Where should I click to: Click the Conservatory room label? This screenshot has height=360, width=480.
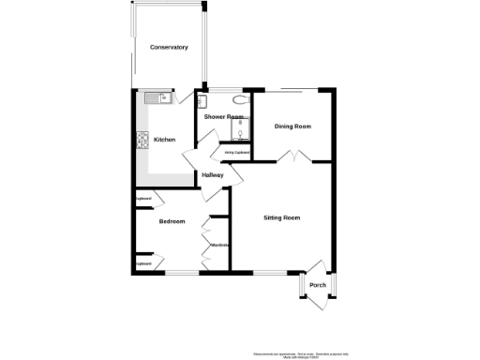point(169,47)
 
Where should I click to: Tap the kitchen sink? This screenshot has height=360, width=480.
point(157,96)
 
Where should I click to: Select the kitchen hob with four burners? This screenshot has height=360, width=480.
point(143,141)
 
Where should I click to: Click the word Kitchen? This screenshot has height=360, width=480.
point(165,140)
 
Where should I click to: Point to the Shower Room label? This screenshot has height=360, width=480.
point(223,116)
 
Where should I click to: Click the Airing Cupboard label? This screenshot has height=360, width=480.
point(236,151)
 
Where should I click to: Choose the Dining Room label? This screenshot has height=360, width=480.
point(292,126)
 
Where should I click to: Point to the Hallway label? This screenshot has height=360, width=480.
point(213,175)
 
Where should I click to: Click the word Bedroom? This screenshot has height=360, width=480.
point(172,221)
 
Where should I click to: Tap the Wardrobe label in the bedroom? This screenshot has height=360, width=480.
point(220,245)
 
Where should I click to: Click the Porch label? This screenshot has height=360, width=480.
point(317,285)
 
